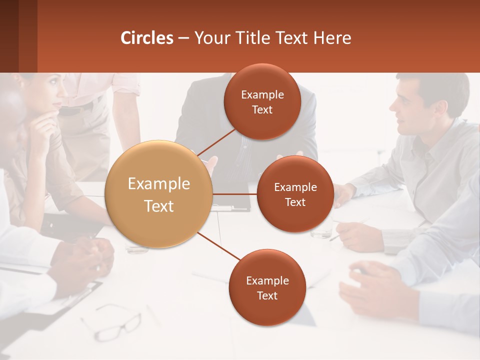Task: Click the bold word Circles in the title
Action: pyautogui.click(x=146, y=38)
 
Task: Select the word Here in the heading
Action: pyautogui.click(x=332, y=38)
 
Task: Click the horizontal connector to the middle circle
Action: pyautogui.click(x=235, y=194)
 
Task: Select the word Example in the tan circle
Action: pyautogui.click(x=159, y=184)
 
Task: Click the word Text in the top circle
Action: pyautogui.click(x=262, y=110)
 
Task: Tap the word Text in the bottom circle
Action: pyautogui.click(x=267, y=296)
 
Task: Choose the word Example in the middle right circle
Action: pyautogui.click(x=295, y=187)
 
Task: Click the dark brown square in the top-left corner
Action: pyautogui.click(x=18, y=36)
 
